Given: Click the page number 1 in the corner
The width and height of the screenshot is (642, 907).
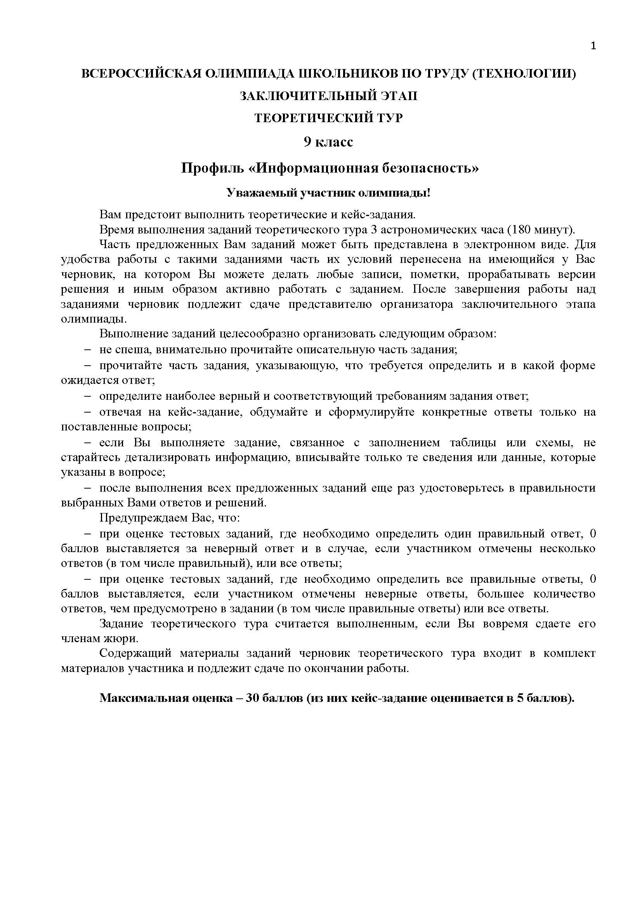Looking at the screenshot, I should point(593,46).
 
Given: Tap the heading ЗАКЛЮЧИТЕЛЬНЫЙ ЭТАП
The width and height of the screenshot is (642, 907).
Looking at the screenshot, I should point(328,96).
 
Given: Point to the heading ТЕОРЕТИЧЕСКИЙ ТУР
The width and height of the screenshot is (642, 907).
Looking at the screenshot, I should point(328,118).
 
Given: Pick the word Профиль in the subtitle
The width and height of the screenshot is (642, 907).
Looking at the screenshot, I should point(212,168).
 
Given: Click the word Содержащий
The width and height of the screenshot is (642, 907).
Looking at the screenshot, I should point(135,654).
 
